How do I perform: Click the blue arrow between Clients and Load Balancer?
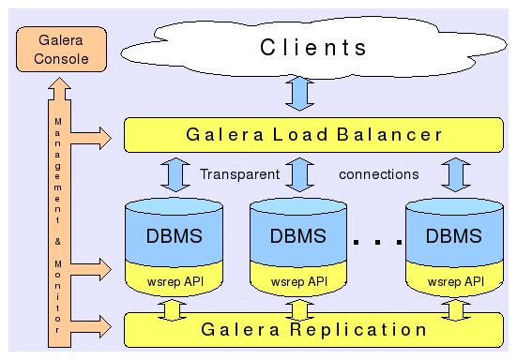point(299,94)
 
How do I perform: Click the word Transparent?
point(239,174)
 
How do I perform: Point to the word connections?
point(379,174)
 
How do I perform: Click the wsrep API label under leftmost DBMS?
point(175,280)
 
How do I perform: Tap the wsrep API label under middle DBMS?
point(299,280)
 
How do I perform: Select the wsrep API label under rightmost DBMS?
point(455,280)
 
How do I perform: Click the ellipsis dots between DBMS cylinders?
point(377,243)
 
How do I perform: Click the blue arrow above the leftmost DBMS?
point(175,174)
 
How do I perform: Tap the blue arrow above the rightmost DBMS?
point(455,174)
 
